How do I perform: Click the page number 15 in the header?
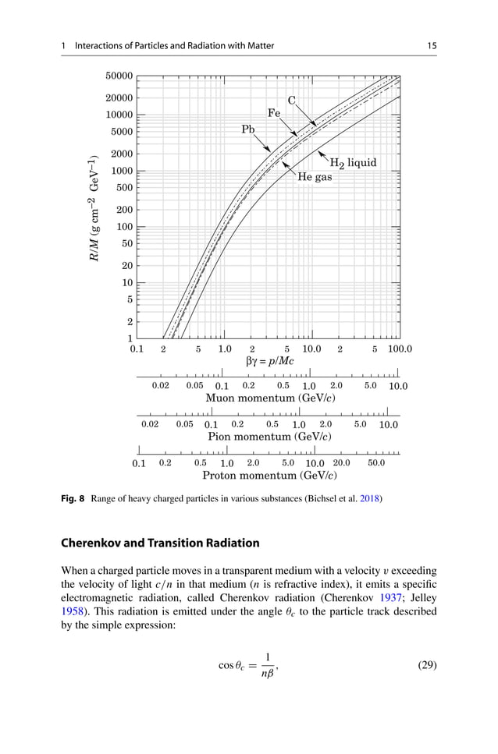pos(432,46)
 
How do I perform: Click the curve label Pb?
pos(248,129)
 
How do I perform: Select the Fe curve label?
pos(274,113)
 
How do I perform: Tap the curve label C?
pos(292,100)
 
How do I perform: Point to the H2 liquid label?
pos(353,163)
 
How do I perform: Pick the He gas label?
pos(315,178)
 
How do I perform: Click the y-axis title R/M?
pos(95,212)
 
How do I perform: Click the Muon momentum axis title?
pos(262,398)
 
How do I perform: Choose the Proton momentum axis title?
pos(261,475)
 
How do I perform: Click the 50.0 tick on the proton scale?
pos(376,463)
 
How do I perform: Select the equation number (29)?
pos(423,666)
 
